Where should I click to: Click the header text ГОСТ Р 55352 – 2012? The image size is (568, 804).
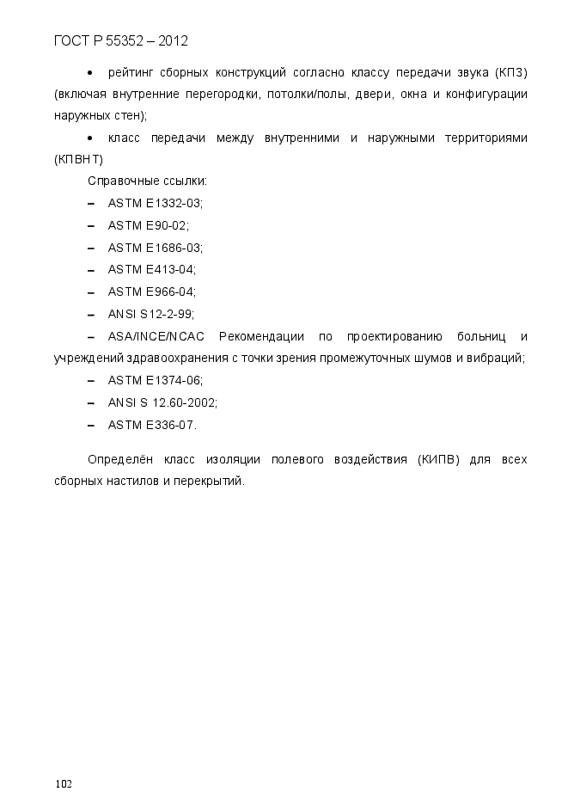click(120, 40)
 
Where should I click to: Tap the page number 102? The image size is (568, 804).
click(63, 783)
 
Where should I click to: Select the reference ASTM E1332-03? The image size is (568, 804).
click(155, 203)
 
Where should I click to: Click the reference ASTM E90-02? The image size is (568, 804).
click(148, 225)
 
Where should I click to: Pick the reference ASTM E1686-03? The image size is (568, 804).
click(155, 248)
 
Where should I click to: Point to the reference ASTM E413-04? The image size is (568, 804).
click(151, 270)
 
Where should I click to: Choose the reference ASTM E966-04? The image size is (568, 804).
click(151, 292)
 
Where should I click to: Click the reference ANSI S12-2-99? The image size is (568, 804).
click(150, 314)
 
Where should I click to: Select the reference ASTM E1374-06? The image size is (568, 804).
click(155, 380)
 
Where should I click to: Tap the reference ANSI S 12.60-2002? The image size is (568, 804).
click(162, 402)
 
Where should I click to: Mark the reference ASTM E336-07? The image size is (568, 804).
click(152, 425)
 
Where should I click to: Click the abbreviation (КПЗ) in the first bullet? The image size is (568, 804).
click(511, 71)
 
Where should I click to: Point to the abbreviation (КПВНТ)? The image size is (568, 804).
click(78, 159)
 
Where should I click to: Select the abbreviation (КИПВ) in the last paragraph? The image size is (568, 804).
click(439, 460)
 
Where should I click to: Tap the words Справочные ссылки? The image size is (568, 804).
click(147, 181)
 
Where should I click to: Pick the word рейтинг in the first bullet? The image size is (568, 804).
click(130, 71)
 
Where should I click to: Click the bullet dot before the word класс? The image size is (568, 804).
click(90, 138)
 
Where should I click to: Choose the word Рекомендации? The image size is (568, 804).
click(261, 336)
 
